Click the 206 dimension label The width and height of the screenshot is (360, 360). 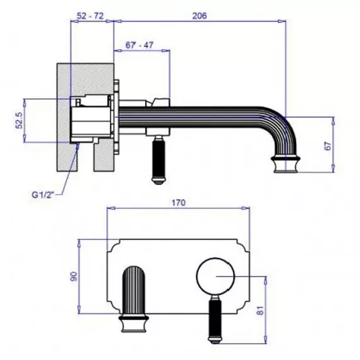tap(200, 16)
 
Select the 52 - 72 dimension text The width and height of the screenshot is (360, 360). tap(90, 16)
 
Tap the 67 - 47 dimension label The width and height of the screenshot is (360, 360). tap(140, 45)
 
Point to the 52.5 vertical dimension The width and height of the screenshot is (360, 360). tap(20, 120)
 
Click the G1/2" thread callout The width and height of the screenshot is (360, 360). tap(43, 195)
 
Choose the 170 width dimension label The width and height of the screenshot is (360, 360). tap(178, 203)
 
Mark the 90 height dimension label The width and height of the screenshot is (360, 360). tap(74, 277)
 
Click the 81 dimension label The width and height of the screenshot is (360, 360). tap(260, 310)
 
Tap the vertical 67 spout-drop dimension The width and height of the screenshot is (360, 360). tap(328, 146)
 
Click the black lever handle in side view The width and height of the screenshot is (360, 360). tap(159, 160)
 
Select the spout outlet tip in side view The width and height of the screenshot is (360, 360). tap(286, 164)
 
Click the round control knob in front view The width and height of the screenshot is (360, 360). tap(215, 276)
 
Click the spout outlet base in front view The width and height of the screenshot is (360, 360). tap(134, 324)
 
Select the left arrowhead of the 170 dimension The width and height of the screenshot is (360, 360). tap(111, 208)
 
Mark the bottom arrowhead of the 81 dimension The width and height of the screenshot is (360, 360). tap(266, 340)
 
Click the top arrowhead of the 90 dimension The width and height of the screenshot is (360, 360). tap(80, 243)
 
